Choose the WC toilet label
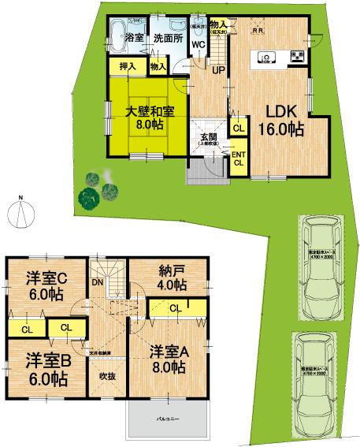click(x=199, y=44)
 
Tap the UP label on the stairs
click(x=217, y=70)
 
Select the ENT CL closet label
click(x=237, y=158)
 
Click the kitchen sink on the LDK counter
click(x=266, y=57)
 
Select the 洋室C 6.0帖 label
click(x=44, y=285)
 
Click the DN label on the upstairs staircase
click(x=98, y=282)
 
